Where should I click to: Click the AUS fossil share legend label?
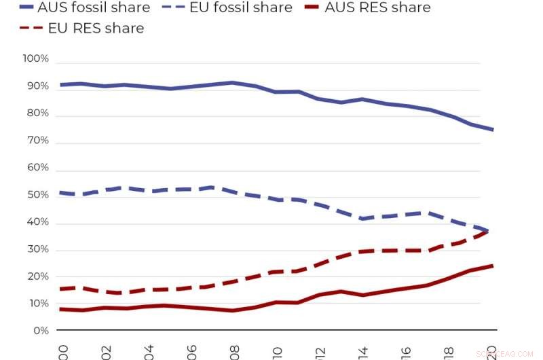(94, 7)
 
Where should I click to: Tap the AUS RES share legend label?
(377, 7)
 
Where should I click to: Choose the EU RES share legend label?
(96, 28)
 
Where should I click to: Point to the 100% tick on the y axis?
(36, 59)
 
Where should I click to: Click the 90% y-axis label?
(37, 87)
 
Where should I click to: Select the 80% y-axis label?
(37, 114)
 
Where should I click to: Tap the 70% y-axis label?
(37, 141)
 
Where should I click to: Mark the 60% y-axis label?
(37, 168)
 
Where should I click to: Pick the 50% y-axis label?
(37, 196)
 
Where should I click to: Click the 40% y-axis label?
(37, 223)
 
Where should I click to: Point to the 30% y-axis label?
(37, 249)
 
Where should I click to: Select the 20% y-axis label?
(37, 276)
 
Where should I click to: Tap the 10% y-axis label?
(37, 304)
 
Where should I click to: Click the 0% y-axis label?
(40, 331)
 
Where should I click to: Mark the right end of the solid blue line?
(493, 129)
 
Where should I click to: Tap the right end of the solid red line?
(493, 266)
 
